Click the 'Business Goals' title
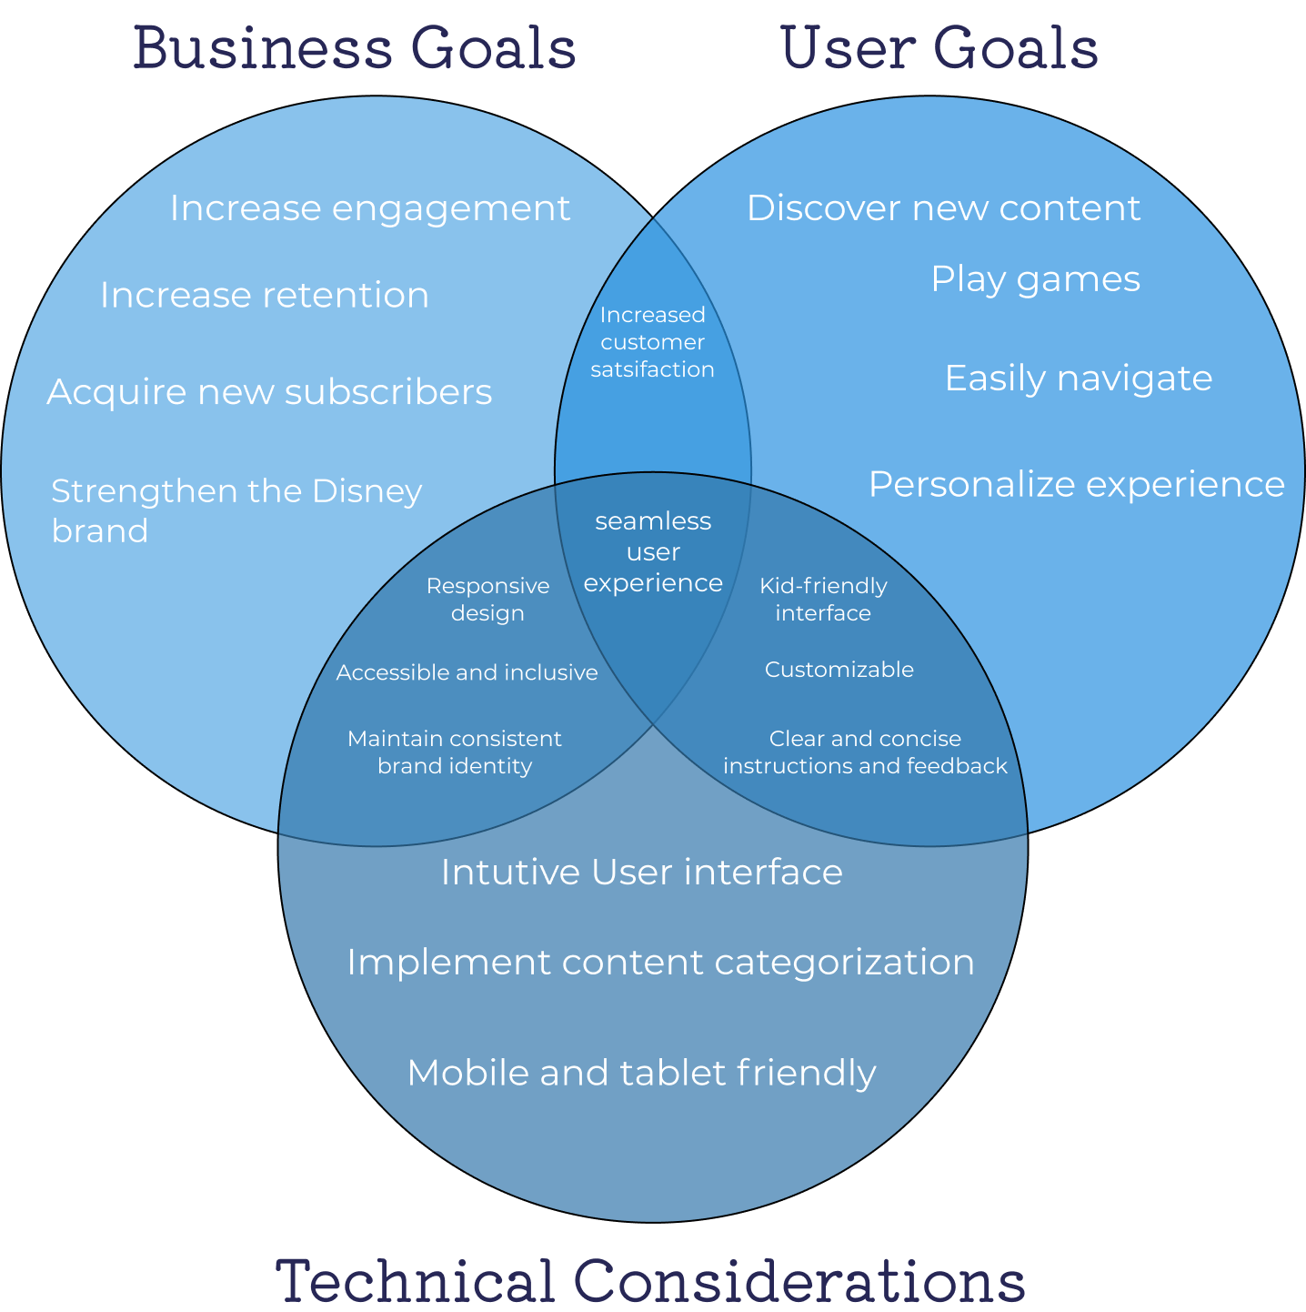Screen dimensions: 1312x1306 pyautogui.click(x=355, y=49)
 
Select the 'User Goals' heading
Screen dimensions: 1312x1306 pyautogui.click(x=939, y=49)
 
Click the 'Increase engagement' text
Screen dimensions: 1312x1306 pyautogui.click(x=369, y=208)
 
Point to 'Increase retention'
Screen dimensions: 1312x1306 pyautogui.click(x=264, y=296)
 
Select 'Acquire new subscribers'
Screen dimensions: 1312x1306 pyautogui.click(x=269, y=392)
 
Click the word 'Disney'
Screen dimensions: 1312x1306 pyautogui.click(x=367, y=491)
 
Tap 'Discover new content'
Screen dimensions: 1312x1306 pyautogui.click(x=943, y=208)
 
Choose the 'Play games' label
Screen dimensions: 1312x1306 pyautogui.click(x=1035, y=279)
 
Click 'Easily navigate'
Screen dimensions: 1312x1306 pyautogui.click(x=1078, y=378)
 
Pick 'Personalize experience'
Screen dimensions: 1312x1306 pyautogui.click(x=1076, y=484)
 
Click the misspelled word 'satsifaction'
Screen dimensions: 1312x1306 pyautogui.click(x=652, y=369)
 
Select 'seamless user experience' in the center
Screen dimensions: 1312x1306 pyautogui.click(x=653, y=552)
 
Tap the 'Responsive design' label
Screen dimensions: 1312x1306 pyautogui.click(x=487, y=599)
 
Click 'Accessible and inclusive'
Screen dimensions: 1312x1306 pyautogui.click(x=467, y=672)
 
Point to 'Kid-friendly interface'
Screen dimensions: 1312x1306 pyautogui.click(x=823, y=599)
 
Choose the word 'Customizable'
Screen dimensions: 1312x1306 pyautogui.click(x=839, y=670)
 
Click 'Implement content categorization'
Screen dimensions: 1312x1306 pyautogui.click(x=660, y=963)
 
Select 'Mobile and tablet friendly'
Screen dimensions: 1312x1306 pyautogui.click(x=641, y=1073)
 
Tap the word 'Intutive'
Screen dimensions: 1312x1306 pyautogui.click(x=509, y=873)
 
